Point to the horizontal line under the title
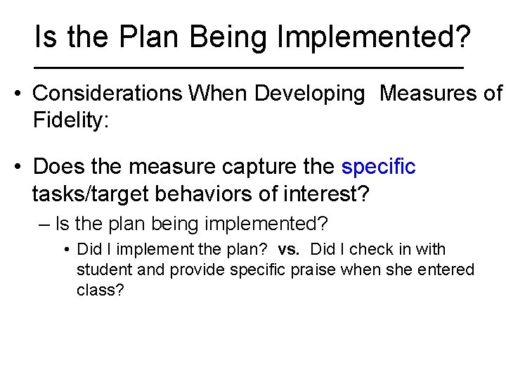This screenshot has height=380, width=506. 249,68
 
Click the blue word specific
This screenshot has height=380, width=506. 378,167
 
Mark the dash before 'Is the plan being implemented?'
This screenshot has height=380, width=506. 44,224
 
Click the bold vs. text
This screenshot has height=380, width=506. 288,249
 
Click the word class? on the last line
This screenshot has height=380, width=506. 100,290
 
